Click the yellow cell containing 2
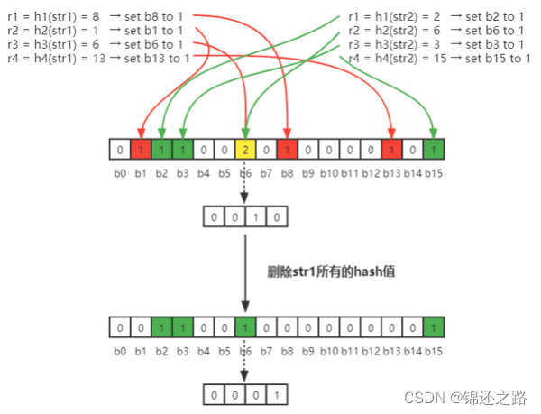244,149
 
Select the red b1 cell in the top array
139,149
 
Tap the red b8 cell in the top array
286,149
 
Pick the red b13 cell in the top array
391,149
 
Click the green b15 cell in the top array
434,149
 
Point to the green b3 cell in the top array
181,149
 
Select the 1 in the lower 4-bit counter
276,393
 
